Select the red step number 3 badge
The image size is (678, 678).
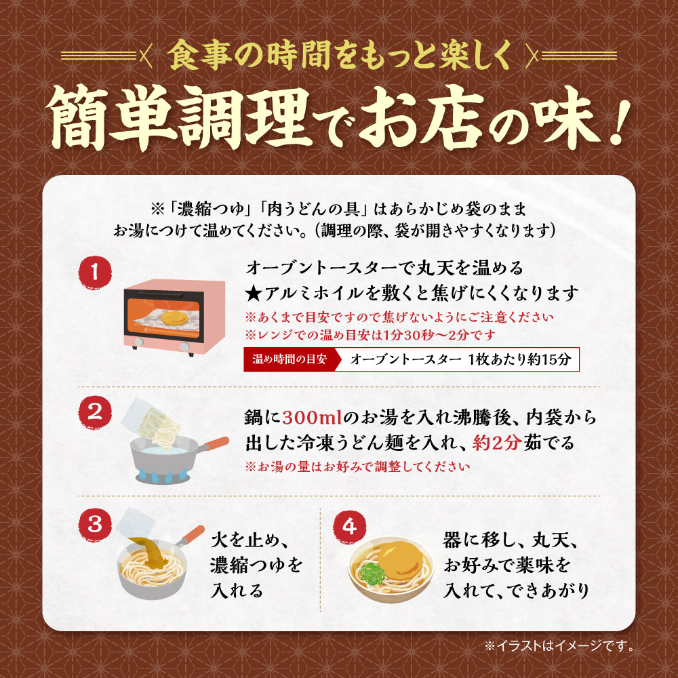[x=95, y=524]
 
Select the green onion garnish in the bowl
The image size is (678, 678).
[x=372, y=574]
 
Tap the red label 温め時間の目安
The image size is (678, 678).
[x=289, y=359]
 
